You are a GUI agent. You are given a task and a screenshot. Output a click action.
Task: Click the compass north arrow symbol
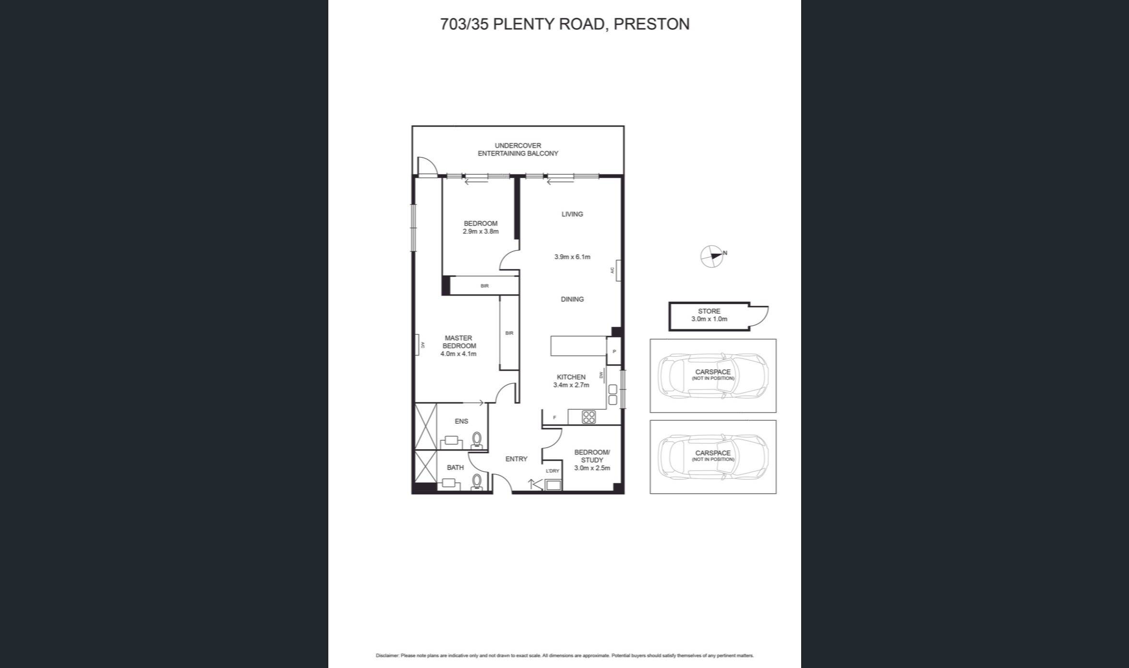[712, 256]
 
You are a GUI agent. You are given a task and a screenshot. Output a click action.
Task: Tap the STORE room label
[709, 311]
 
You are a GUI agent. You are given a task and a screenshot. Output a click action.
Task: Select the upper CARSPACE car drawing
[713, 376]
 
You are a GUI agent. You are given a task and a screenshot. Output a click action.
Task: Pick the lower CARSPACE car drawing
[713, 457]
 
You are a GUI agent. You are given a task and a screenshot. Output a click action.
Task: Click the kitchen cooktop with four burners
[589, 417]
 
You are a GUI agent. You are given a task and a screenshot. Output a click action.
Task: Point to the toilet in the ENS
[477, 440]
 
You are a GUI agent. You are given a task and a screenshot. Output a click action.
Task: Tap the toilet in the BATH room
[477, 481]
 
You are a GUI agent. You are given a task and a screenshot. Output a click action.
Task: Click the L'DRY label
[552, 471]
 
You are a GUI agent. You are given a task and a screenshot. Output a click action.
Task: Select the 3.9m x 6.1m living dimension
[572, 257]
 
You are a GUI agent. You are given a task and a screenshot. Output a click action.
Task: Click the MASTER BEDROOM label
[459, 342]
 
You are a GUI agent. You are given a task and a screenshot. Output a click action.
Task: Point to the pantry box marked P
[614, 352]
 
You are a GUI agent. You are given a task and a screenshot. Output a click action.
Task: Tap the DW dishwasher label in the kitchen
[601, 374]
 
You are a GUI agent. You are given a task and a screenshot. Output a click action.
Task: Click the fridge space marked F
[554, 417]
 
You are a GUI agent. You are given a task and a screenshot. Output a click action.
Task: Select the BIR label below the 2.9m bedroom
[484, 286]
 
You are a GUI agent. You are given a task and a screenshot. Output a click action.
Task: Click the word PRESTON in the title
[651, 24]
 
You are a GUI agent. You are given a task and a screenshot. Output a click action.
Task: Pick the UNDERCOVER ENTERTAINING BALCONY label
[518, 149]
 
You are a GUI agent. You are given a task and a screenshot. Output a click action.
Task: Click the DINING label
[572, 299]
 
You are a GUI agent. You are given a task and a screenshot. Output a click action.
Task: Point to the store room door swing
[759, 316]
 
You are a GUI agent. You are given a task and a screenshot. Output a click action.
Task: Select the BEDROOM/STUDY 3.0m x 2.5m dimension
[592, 468]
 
